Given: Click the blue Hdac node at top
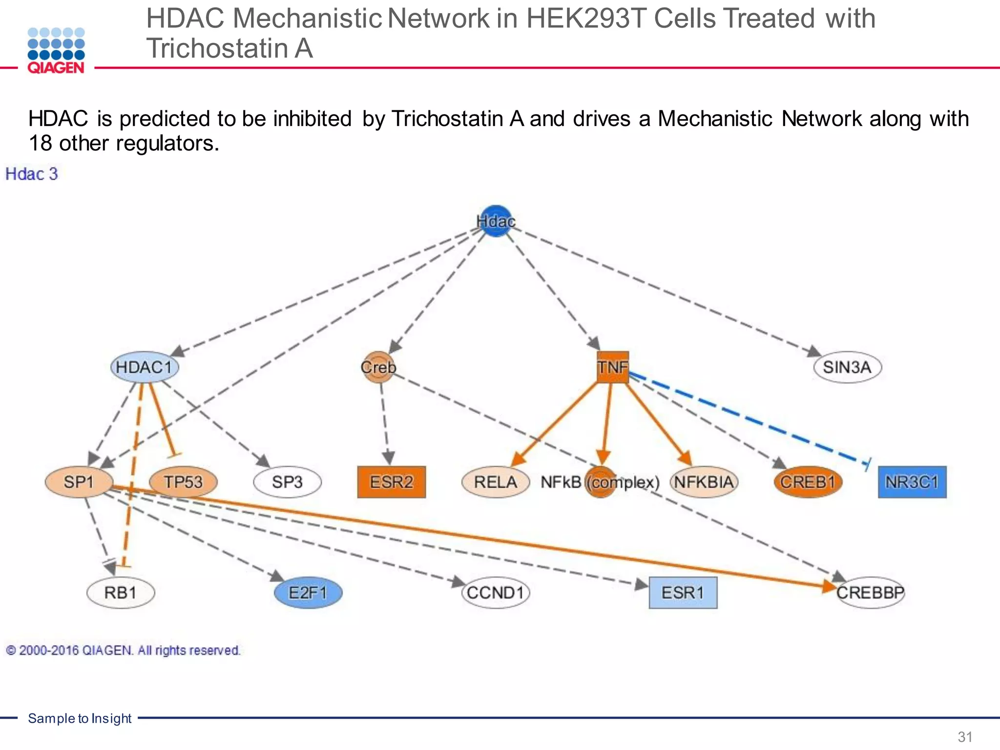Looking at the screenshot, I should [x=496, y=221].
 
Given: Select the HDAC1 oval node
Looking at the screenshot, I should [x=145, y=367].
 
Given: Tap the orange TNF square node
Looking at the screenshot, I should [x=613, y=367].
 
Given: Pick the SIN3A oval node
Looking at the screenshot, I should [x=847, y=367].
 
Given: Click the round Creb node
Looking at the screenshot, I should [x=378, y=367].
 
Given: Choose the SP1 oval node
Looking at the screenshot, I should [x=79, y=482].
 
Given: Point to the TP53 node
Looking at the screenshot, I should [x=183, y=482].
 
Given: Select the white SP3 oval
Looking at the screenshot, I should [x=287, y=482].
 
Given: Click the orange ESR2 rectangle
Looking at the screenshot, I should [x=392, y=482].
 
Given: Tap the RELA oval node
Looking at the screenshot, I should [x=496, y=482].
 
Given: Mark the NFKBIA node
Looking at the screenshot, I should [x=704, y=482].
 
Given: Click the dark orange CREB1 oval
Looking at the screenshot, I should [x=808, y=482].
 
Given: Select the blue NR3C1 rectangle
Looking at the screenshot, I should [x=912, y=482].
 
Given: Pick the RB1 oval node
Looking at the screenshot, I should [x=121, y=593].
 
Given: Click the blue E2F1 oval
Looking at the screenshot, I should [x=308, y=593].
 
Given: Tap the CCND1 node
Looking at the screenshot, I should [x=496, y=593].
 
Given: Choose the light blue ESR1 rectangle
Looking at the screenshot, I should [x=683, y=593].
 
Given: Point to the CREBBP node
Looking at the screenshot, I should [x=871, y=593].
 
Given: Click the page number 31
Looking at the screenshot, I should [x=965, y=736].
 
